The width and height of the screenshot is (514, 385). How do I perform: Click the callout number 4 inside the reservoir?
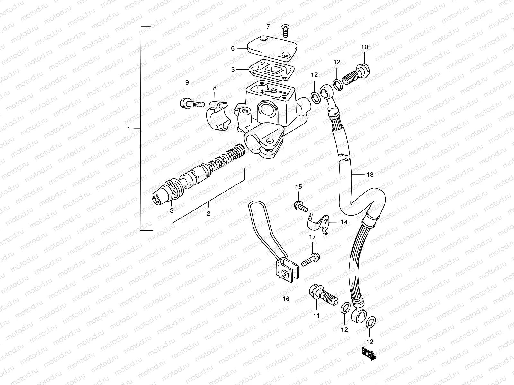point(262,91)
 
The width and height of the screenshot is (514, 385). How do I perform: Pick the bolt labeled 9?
point(191,104)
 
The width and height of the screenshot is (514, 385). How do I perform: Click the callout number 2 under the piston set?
point(208,214)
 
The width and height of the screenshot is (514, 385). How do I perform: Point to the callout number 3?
point(172,210)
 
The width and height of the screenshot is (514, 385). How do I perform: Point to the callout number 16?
point(286,299)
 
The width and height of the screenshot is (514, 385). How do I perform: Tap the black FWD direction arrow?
point(368,353)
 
